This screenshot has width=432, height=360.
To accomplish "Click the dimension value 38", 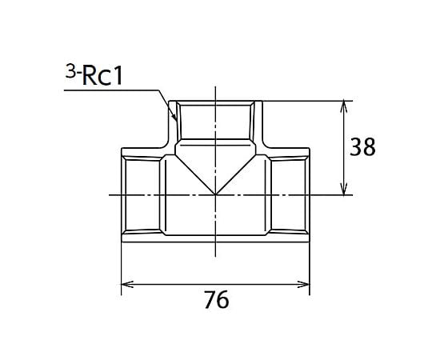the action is click(362, 147).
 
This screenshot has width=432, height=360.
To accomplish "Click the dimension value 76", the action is click(217, 299).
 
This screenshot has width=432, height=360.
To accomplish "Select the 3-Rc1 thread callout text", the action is click(94, 74).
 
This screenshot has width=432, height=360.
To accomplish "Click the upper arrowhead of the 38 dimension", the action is click(343, 107).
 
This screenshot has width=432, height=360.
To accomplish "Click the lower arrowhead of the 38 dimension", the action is click(343, 189).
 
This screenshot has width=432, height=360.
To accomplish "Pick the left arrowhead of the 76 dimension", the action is click(127, 284).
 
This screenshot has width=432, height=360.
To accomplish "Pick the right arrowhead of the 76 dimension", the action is click(303, 284).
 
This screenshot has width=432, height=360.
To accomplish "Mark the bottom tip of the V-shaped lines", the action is click(215, 194).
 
